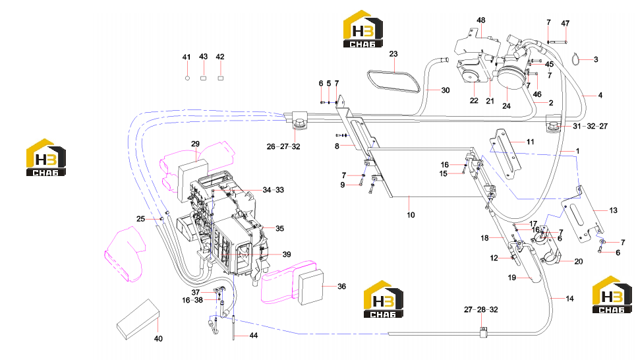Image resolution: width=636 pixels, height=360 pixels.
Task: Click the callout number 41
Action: (186, 57)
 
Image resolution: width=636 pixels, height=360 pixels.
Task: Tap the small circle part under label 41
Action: (187, 78)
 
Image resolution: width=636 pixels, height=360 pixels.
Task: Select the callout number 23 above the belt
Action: (393, 54)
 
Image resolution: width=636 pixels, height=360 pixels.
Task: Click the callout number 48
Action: (481, 20)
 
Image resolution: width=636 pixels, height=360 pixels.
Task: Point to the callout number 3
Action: (596, 59)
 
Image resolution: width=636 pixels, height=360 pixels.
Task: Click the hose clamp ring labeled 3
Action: (577, 59)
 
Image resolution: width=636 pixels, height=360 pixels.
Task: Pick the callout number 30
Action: (446, 90)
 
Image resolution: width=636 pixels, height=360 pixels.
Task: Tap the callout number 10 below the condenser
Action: (411, 215)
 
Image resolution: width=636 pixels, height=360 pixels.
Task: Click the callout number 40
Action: (158, 339)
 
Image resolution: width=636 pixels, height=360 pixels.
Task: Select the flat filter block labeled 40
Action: (138, 319)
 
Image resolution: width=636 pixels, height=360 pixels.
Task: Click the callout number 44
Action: (254, 336)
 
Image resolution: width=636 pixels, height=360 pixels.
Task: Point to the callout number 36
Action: (342, 287)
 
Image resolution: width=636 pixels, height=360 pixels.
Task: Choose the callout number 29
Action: (196, 144)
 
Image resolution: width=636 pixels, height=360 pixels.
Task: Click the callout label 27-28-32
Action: (481, 310)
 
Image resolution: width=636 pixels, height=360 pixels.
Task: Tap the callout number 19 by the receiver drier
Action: (512, 278)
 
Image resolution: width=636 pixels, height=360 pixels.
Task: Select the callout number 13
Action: (614, 210)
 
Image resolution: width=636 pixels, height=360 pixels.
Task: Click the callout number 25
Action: (140, 219)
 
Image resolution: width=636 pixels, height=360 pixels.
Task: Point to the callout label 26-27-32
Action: (283, 146)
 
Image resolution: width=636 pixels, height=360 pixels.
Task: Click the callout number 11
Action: (531, 142)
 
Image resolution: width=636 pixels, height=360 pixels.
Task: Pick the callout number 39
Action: (287, 255)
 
